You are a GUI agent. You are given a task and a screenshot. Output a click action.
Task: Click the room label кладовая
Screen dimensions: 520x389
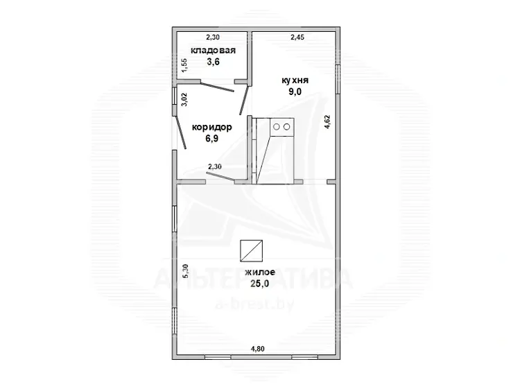click(x=213, y=51)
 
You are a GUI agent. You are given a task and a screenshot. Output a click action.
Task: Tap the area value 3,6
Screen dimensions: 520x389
click(x=214, y=62)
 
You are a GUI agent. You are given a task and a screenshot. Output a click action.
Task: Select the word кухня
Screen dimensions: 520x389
click(x=295, y=80)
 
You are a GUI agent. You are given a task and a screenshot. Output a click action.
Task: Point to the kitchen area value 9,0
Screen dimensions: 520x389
click(x=295, y=92)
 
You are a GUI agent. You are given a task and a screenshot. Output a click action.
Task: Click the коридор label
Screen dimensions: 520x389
click(x=212, y=127)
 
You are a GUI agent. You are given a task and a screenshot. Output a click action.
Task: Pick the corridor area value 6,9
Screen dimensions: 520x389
click(x=212, y=138)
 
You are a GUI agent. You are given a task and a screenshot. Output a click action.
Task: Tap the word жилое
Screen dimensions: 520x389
click(x=260, y=273)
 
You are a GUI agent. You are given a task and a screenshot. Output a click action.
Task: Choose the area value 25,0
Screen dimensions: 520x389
click(x=260, y=284)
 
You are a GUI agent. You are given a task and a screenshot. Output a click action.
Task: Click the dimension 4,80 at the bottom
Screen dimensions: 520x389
click(x=258, y=349)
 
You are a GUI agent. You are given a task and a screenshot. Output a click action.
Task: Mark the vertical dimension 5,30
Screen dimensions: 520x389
click(x=185, y=271)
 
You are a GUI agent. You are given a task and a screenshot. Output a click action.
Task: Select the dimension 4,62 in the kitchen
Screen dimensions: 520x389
click(x=327, y=122)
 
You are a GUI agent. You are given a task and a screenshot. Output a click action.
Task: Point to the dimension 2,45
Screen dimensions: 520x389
click(x=297, y=37)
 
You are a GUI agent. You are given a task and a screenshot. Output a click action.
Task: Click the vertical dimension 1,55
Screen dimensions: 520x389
click(x=184, y=65)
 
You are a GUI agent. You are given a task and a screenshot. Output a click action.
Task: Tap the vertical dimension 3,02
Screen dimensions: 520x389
click(x=184, y=99)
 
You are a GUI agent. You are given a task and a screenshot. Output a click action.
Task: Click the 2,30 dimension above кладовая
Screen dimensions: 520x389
click(x=213, y=37)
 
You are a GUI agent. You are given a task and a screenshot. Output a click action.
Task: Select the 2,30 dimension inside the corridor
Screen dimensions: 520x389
click(x=214, y=166)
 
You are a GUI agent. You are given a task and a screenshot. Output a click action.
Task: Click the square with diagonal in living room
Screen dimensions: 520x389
click(x=252, y=251)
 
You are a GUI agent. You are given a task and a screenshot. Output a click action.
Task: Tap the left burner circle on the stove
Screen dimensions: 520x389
click(x=277, y=127)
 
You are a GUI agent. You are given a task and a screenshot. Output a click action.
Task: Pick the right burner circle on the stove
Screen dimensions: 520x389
click(x=287, y=127)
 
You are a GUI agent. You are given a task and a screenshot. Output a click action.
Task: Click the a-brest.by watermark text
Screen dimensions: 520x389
click(x=254, y=303)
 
